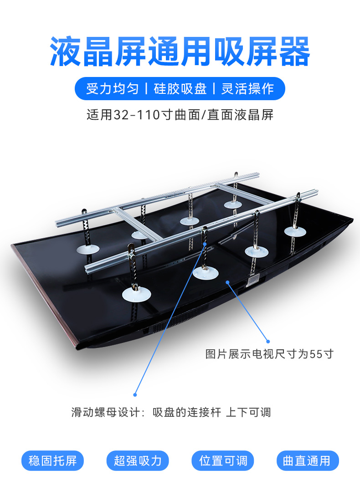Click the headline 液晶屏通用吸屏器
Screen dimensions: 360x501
pos(180,51)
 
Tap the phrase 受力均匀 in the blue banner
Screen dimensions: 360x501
pos(113,88)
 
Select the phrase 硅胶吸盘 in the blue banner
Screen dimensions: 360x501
pos(180,88)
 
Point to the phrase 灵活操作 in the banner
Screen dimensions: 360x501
pos(247,88)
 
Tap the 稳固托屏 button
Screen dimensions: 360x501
pos(53,460)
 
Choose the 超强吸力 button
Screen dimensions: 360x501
pos(138,460)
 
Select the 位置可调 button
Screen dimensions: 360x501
pos(223,460)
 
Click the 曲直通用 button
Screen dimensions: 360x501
pos(307,460)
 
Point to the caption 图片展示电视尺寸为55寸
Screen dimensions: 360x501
pos(269,354)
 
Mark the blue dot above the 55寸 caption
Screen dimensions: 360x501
pos(268,341)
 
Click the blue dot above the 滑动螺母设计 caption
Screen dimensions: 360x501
pos(135,394)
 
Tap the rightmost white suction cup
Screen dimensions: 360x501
pos(295,231)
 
